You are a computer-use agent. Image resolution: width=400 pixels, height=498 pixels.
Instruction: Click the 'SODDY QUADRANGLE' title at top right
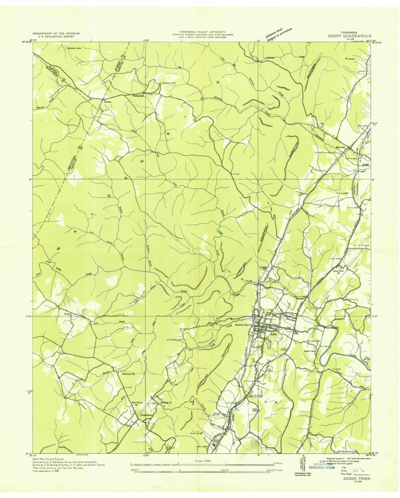[x=349, y=36]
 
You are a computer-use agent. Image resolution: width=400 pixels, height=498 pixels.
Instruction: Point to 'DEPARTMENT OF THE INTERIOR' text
[x=56, y=33]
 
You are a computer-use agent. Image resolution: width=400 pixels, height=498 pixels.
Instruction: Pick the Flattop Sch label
[x=138, y=96]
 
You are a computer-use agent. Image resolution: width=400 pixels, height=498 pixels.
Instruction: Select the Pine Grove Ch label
[x=134, y=404]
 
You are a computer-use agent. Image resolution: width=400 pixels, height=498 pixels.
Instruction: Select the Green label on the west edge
[x=67, y=314]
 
